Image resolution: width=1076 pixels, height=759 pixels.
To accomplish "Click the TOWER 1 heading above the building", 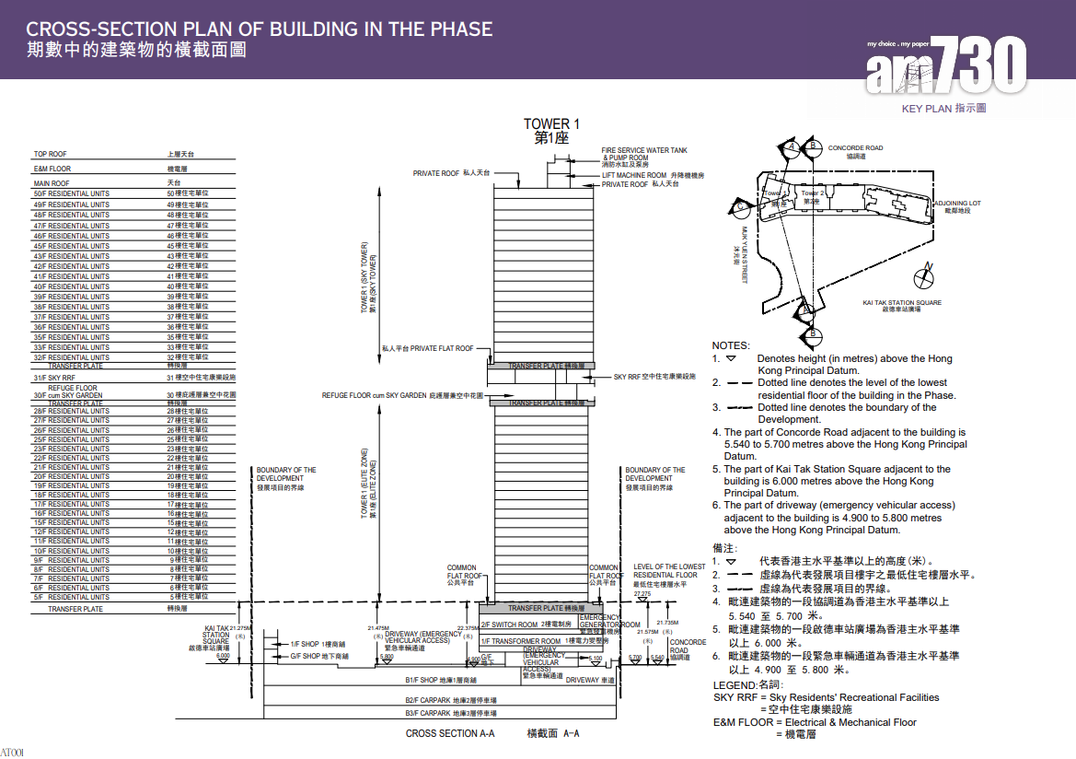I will pyautogui.click(x=552, y=124).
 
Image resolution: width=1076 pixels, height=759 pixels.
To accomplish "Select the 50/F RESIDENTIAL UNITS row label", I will pyautogui.click(x=72, y=193).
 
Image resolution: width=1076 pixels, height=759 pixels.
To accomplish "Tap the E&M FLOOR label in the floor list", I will pyautogui.click(x=52, y=169).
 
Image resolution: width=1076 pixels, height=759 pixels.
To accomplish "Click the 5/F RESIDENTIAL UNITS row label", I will pyautogui.click(x=72, y=597).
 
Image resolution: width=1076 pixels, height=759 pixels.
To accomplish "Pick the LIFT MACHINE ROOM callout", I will pyautogui.click(x=647, y=175).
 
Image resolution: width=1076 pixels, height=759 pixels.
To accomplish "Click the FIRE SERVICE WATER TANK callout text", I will pyautogui.click(x=644, y=150).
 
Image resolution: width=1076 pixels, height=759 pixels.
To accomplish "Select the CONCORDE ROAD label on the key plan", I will pyautogui.click(x=855, y=147).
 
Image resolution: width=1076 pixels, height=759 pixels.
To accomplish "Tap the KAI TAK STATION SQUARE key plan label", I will pyautogui.click(x=902, y=302).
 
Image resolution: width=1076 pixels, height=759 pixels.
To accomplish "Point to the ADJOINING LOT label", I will pyautogui.click(x=957, y=202).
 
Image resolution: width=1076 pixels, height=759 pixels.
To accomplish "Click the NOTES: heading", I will pyautogui.click(x=731, y=345).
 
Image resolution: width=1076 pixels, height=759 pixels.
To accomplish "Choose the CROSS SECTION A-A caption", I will pyautogui.click(x=450, y=733).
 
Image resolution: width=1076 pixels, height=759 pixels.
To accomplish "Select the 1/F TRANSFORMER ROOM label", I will pyautogui.click(x=521, y=640).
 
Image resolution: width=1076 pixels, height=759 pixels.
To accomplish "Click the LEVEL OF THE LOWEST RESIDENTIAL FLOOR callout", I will pyautogui.click(x=669, y=570).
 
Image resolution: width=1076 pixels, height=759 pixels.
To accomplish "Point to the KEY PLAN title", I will pyautogui.click(x=943, y=109).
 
